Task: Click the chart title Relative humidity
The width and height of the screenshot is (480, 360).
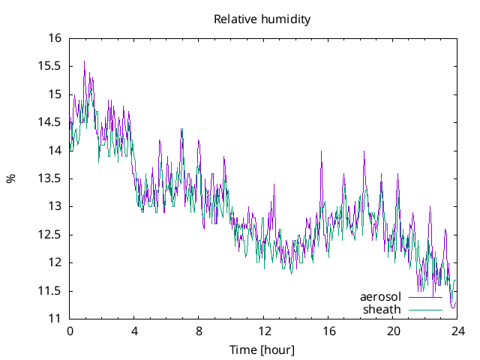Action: [262, 19]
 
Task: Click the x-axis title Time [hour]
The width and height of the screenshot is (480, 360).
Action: [262, 350]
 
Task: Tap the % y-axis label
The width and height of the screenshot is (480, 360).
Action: [10, 178]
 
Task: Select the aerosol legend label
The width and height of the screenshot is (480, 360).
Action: [381, 297]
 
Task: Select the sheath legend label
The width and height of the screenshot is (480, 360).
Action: [382, 309]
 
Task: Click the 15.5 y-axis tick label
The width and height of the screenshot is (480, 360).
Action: [51, 66]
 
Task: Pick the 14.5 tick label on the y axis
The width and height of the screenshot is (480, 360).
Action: [51, 122]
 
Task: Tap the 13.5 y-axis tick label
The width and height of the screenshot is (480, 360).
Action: [51, 178]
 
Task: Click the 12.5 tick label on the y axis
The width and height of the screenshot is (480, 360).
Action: [51, 235]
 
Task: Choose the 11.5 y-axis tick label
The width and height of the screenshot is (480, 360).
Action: [51, 291]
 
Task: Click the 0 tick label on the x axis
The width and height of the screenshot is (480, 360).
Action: [70, 331]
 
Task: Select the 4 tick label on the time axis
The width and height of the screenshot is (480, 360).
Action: [134, 331]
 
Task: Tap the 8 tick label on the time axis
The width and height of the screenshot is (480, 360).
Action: [199, 331]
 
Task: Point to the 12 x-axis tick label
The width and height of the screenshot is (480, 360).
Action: [264, 331]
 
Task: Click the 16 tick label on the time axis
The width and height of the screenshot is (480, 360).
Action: [328, 331]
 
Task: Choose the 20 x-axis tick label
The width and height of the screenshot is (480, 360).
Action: [393, 331]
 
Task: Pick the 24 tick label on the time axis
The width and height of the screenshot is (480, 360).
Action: [457, 331]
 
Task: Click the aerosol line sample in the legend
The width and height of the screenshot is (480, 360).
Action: [425, 298]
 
